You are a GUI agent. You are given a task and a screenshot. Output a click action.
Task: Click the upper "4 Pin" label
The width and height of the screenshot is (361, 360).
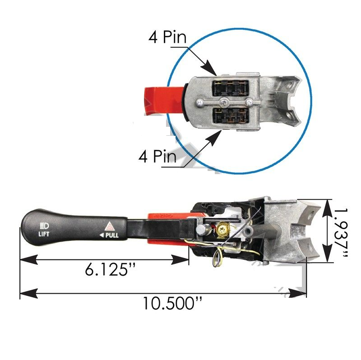point(167,37)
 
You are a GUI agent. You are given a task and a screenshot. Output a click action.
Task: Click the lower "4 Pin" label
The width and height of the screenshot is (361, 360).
point(157,156)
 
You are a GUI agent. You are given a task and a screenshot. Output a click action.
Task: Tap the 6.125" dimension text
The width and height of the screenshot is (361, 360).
point(110,269)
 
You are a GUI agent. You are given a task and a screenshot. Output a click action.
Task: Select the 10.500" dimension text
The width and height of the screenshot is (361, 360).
point(173,303)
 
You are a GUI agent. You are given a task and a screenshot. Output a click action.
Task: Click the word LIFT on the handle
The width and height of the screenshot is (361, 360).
point(44,234)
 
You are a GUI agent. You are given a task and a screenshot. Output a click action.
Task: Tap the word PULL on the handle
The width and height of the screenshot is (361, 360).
point(112,235)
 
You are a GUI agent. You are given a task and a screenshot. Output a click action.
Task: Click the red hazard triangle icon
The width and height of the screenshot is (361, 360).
point(110,226)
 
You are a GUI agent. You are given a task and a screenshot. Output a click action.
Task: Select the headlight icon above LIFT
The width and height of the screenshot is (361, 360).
point(44,226)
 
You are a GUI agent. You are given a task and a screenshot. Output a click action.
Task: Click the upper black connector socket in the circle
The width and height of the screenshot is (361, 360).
point(230,88)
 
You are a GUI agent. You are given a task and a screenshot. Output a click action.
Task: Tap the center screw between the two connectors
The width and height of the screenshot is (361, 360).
point(223,102)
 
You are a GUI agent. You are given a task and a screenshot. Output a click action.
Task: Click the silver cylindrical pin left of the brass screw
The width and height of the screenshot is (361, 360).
point(201,230)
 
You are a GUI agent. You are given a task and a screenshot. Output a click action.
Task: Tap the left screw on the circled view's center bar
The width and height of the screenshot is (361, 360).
point(199,102)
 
